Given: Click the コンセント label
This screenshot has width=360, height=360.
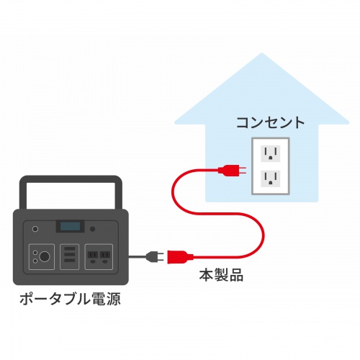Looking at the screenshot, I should click(270, 122).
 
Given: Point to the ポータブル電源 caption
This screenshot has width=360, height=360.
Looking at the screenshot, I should click(70, 297).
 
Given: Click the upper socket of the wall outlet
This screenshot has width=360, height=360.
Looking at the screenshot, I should click(270, 153).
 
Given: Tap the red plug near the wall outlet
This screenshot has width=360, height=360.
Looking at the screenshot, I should click(231, 171).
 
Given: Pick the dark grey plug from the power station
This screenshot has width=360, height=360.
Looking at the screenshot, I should click(153, 255).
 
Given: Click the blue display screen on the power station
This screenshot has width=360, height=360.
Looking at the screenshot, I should click(70, 226).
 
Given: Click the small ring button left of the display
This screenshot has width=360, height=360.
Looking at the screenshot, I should click(34, 228).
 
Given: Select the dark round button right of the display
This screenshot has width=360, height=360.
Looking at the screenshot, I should click(94, 228).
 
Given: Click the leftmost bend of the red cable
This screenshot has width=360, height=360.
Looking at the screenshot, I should click(171, 194).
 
